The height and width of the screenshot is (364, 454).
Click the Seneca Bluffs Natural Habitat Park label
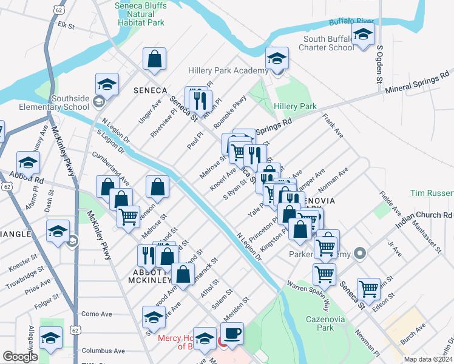coord(140,14)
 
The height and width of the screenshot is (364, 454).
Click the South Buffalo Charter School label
coord(328,43)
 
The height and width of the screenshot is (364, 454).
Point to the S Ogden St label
coord(379,63)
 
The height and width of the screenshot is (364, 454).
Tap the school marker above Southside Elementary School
coord(107,84)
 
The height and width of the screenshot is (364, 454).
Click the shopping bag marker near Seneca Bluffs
coord(155,59)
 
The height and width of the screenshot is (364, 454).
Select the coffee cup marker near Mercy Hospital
coord(232,333)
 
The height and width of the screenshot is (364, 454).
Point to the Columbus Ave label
coord(103,351)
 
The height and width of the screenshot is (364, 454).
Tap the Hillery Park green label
coord(296,106)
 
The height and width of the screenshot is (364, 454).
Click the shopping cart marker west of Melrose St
coord(128,217)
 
